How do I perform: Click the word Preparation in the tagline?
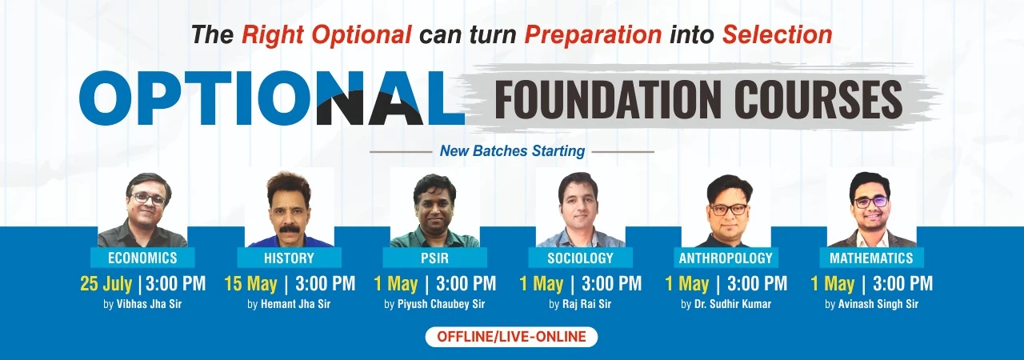point(593,35)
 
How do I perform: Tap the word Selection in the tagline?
point(777,34)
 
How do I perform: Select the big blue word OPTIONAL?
point(271,98)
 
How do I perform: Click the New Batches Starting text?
point(512,150)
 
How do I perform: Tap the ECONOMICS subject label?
point(142,258)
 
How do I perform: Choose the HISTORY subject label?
point(289,258)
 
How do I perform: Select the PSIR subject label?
point(434,258)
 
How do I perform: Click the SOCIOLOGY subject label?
point(581,258)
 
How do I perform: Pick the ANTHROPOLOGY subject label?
point(726,258)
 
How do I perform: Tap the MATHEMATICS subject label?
point(871,258)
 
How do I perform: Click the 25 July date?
point(106,284)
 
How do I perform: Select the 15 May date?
point(250,284)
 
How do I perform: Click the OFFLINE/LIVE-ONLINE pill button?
point(511,337)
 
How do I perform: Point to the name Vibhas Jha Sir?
point(149,304)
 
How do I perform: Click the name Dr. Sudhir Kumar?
point(733,304)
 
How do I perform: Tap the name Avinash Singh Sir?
point(878,304)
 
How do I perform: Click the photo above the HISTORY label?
point(290,208)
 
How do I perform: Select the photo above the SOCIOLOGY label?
point(581,208)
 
